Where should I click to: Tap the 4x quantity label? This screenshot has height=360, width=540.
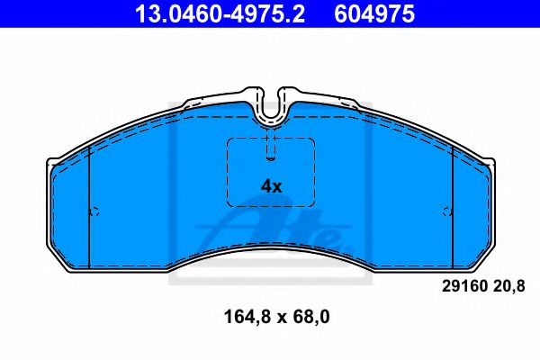(x=271, y=186)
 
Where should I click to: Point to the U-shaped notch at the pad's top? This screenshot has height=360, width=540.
(x=271, y=106)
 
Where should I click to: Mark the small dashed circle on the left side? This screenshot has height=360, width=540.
(x=94, y=212)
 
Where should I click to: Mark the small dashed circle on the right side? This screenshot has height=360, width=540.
(x=447, y=212)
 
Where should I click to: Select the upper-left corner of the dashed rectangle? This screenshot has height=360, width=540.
(x=229, y=140)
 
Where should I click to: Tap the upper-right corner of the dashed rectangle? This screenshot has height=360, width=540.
(x=313, y=140)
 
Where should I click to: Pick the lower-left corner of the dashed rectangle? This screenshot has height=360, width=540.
(x=229, y=205)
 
